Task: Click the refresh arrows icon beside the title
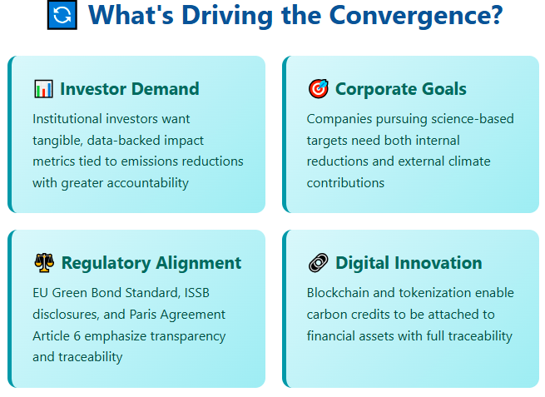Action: (x=62, y=16)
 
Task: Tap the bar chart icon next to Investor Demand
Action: (x=43, y=89)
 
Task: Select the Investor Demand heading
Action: (x=129, y=89)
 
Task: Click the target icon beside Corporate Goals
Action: (x=318, y=89)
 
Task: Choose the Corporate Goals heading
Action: (x=400, y=89)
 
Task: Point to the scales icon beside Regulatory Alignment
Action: (x=43, y=263)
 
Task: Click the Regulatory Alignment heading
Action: (x=151, y=263)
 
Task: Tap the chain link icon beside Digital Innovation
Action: (x=318, y=263)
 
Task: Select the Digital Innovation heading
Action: (x=409, y=263)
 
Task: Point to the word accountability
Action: (x=146, y=182)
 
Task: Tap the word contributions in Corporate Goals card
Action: (x=345, y=182)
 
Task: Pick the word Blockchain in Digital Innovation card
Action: (x=340, y=293)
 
